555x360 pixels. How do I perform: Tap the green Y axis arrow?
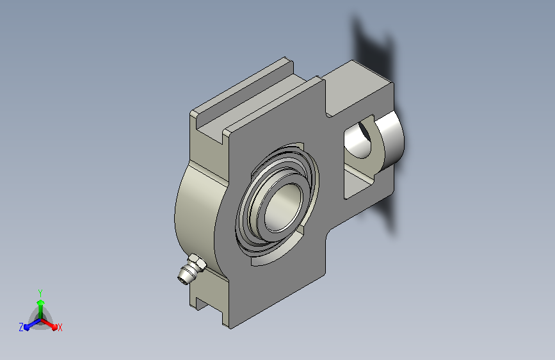click(x=41, y=309)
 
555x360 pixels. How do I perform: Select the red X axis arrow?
click(x=49, y=323)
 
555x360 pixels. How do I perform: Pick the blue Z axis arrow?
click(x=32, y=324)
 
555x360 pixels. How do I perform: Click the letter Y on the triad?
click(x=40, y=293)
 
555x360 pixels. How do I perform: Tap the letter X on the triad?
click(x=60, y=328)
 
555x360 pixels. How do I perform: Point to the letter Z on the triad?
click(x=21, y=327)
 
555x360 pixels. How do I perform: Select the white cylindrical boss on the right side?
click(x=390, y=140)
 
